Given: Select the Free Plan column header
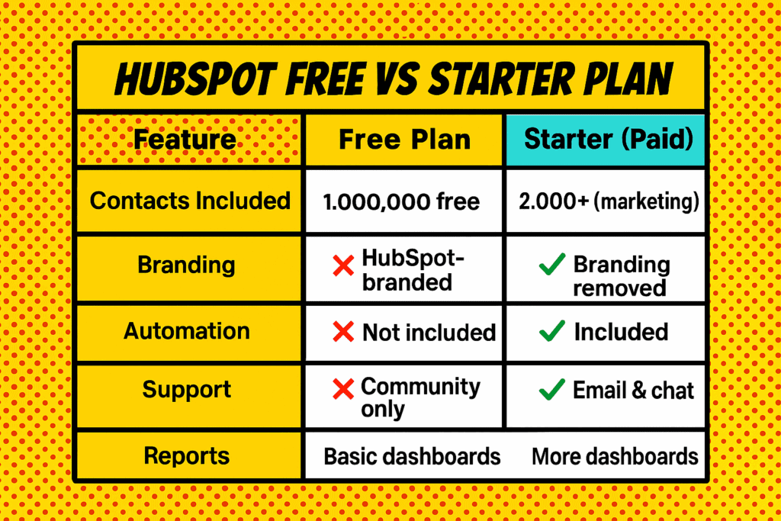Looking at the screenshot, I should (x=404, y=140).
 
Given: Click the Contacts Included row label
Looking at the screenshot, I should (x=190, y=201).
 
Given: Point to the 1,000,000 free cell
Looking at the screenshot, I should (x=401, y=201).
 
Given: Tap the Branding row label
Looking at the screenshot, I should (x=186, y=265).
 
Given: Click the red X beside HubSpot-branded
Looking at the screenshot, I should (x=344, y=266).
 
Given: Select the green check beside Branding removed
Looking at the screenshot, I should (x=551, y=266).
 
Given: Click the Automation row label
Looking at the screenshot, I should (x=187, y=331).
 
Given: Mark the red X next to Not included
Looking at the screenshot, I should (x=344, y=332).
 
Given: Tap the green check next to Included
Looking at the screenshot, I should (x=551, y=332).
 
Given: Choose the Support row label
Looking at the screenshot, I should (x=186, y=390).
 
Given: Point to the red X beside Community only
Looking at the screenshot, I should (x=344, y=390).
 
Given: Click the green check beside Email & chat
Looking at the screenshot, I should (x=551, y=391).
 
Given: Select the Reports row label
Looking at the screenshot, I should (x=186, y=456).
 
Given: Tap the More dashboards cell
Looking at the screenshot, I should (x=615, y=456).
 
